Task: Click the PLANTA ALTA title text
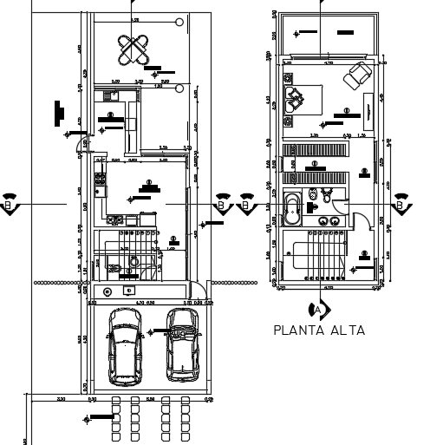(318, 330)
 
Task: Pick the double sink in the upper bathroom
(328, 220)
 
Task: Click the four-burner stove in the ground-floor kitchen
(100, 181)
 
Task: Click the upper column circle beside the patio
(178, 22)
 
